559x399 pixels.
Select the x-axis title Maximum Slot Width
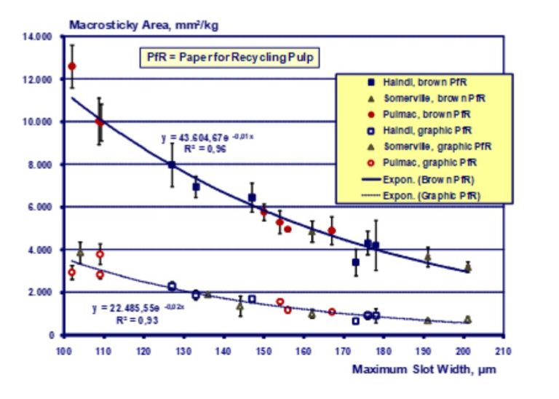(x=424, y=369)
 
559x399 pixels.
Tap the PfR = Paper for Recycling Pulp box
(x=229, y=56)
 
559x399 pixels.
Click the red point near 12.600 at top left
(x=72, y=66)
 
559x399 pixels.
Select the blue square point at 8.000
(x=172, y=165)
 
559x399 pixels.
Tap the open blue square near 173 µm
(x=356, y=321)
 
